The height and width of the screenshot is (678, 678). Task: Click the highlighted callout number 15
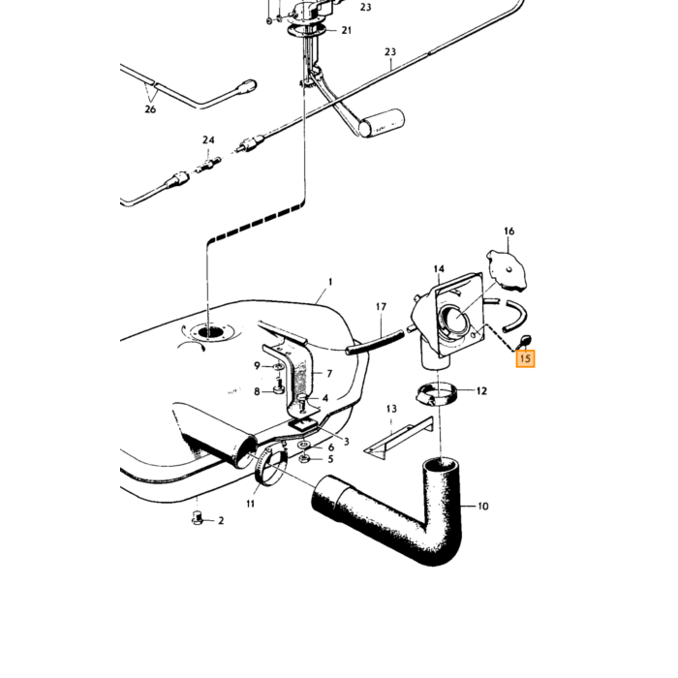(525, 358)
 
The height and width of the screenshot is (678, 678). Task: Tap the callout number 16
(508, 231)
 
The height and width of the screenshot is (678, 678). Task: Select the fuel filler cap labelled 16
(507, 270)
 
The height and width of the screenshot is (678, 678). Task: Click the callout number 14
(439, 269)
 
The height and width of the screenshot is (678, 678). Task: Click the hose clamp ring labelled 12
(438, 393)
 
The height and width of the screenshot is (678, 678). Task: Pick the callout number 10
(483, 506)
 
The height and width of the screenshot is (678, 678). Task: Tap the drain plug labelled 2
(198, 518)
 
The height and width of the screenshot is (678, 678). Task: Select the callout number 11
(251, 504)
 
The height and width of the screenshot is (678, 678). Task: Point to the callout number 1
(330, 282)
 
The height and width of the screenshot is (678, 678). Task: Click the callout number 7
(329, 373)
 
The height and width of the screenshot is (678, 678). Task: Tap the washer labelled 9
(278, 367)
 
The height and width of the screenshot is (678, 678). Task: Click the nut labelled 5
(303, 458)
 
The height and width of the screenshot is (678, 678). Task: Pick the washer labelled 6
(303, 445)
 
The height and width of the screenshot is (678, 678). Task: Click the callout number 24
(208, 140)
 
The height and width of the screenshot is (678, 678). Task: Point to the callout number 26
(150, 109)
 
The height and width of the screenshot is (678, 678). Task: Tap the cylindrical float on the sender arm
(383, 123)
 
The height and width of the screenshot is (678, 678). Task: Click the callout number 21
(347, 30)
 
